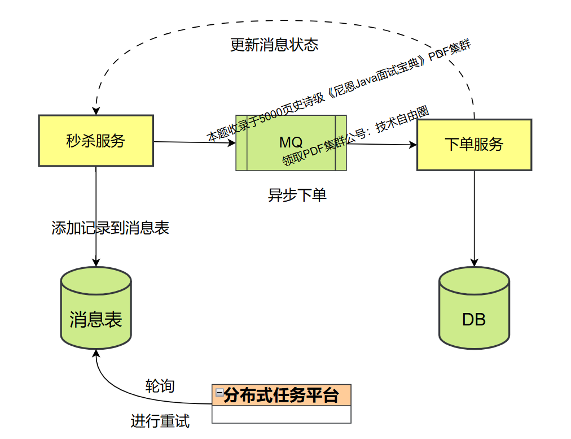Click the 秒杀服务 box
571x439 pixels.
point(96,141)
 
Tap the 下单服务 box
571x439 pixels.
point(474,145)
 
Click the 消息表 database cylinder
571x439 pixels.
point(96,316)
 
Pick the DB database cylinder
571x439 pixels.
point(474,316)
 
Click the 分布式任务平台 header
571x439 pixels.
point(282,395)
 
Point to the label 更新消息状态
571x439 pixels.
point(274,45)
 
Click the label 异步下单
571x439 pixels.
point(297,195)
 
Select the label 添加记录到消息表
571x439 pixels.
point(111,228)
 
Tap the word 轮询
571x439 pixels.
point(160,386)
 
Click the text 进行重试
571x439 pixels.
point(160,421)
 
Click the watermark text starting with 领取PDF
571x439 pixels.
point(355,136)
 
